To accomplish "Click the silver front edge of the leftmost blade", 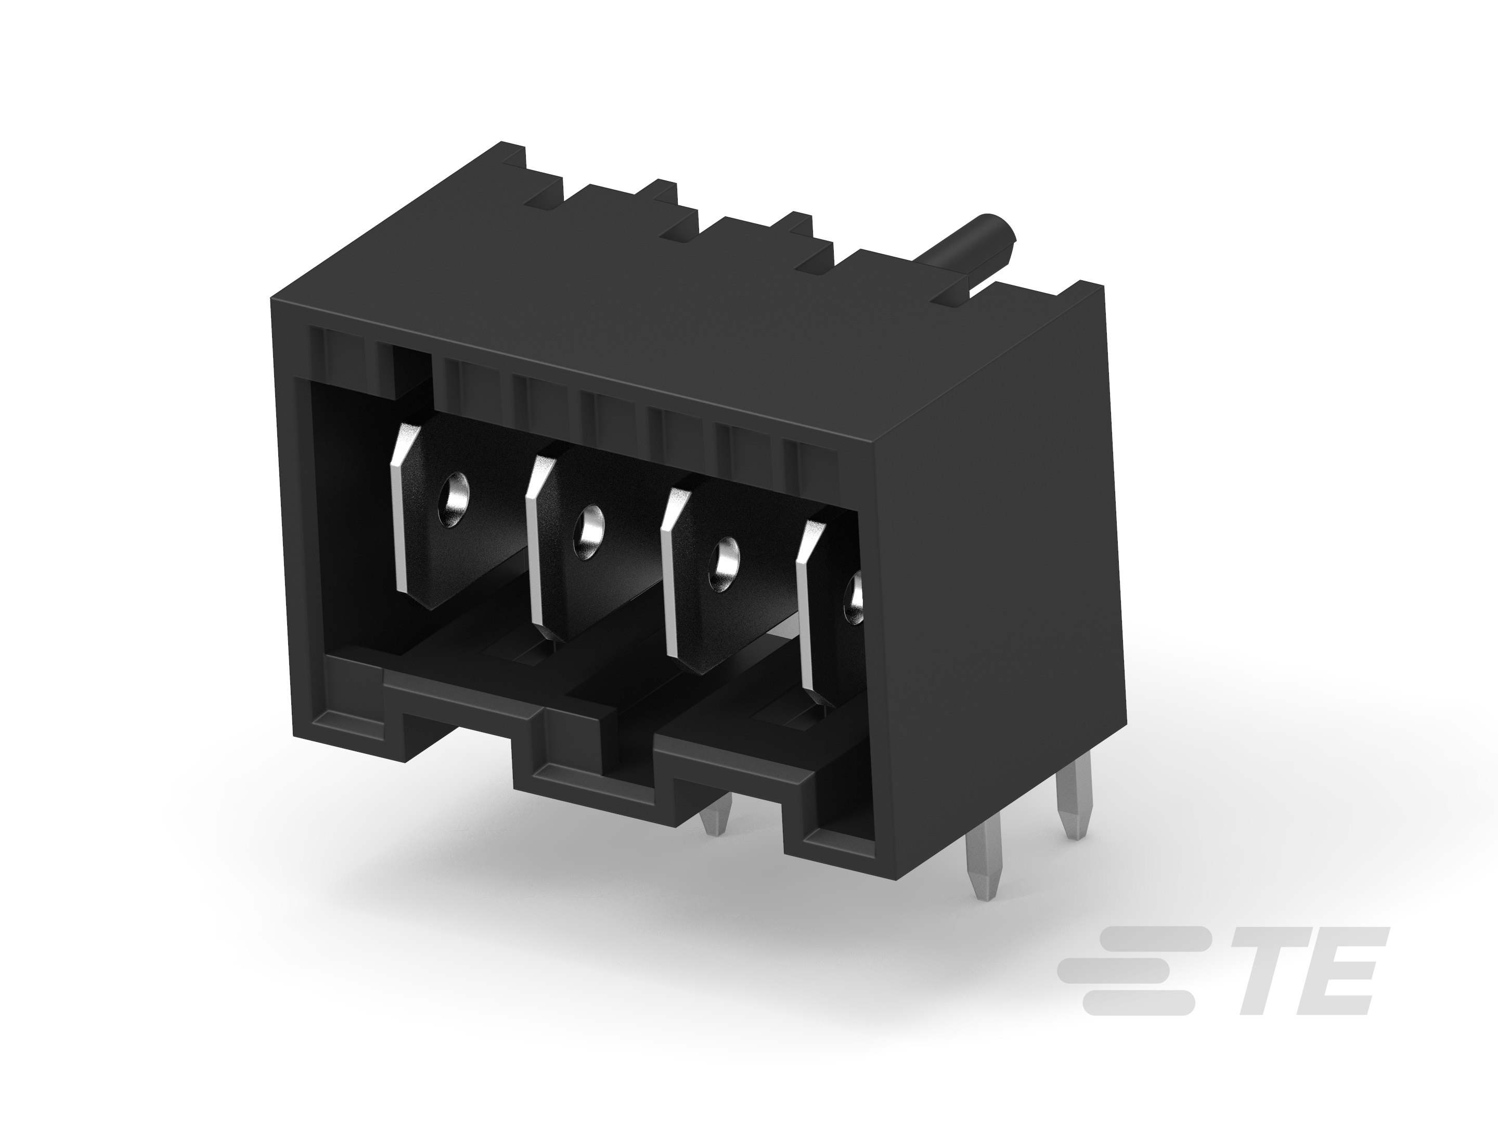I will pos(401,507).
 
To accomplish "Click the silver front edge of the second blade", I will pos(535,542).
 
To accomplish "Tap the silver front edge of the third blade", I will pos(670,576).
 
